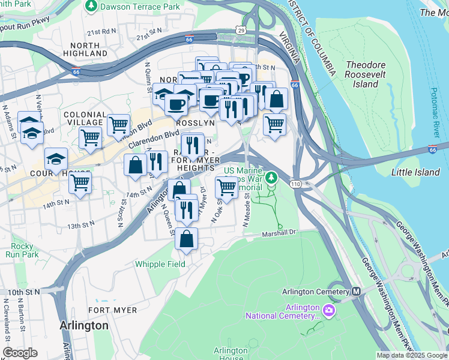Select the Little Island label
tap(415, 172)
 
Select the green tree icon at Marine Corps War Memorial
tap(272, 177)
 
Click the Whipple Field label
tap(160, 264)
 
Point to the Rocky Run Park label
tap(22, 250)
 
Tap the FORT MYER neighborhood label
tap(107, 310)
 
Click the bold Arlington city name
tap(84, 326)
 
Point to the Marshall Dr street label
tap(279, 233)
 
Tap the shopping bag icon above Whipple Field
tap(187, 238)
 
